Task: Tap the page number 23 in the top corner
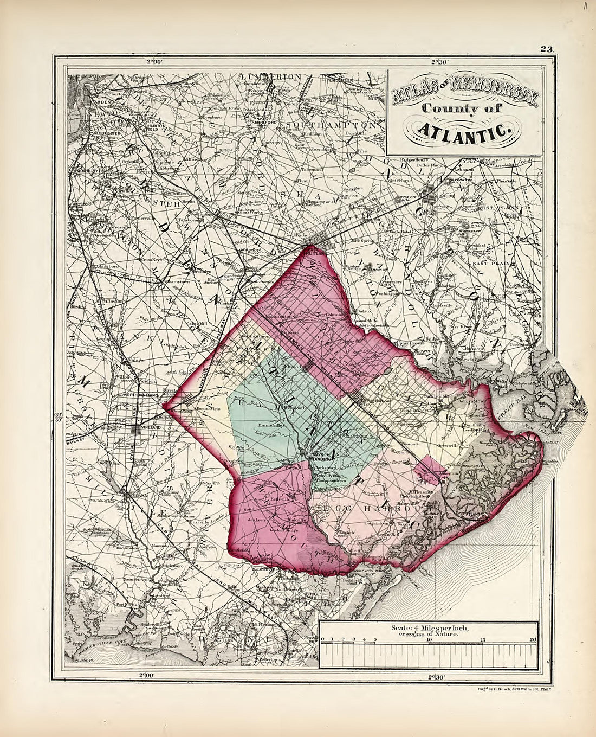coord(546,49)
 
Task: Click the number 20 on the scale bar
coord(533,640)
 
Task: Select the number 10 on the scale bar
coord(429,640)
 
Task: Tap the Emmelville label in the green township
coord(271,425)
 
